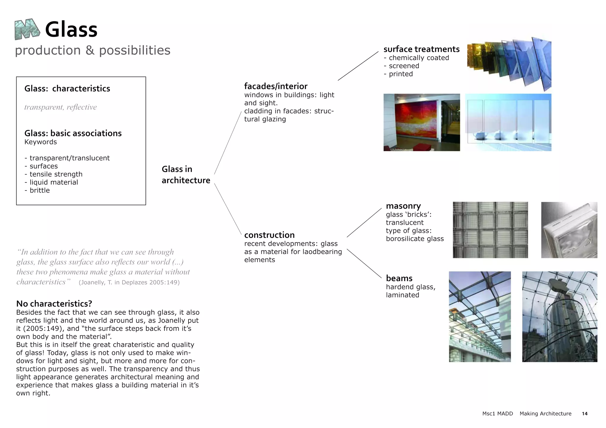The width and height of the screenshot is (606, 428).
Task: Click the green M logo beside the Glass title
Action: coord(27,29)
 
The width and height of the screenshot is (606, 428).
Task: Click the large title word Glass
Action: coord(71,30)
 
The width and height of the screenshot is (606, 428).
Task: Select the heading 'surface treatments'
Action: coord(421,49)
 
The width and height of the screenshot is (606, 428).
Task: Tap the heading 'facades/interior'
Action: coord(276,86)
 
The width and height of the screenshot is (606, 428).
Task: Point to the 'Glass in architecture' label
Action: coord(186,175)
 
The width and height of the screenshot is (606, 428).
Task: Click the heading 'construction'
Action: coord(269,235)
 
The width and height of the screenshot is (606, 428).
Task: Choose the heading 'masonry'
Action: coord(403,206)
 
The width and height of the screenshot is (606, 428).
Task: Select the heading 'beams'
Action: coord(399,278)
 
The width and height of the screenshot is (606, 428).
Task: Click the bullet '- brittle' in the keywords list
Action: coord(37,190)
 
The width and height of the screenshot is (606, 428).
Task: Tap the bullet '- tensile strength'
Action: coord(54,174)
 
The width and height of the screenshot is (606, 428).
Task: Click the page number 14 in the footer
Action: coord(584,414)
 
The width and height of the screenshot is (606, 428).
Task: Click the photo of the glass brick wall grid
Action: coord(490,230)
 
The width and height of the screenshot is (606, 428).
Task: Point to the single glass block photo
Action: coord(569,230)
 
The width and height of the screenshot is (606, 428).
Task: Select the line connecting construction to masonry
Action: coord(364,222)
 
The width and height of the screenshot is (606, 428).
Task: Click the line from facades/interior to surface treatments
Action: coord(358,66)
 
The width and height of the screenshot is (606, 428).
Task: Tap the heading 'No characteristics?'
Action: coord(54,303)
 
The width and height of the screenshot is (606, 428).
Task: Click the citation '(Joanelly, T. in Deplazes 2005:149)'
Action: coord(129,282)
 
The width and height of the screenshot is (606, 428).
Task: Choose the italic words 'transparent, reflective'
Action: coord(60,107)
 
